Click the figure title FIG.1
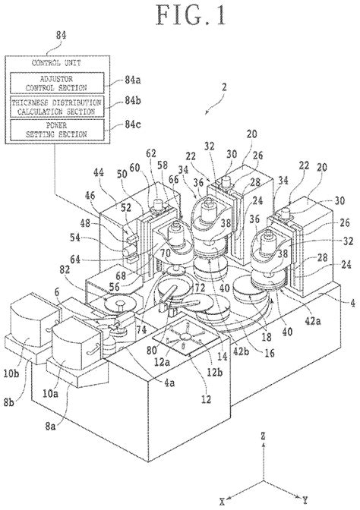click(x=179, y=17)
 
